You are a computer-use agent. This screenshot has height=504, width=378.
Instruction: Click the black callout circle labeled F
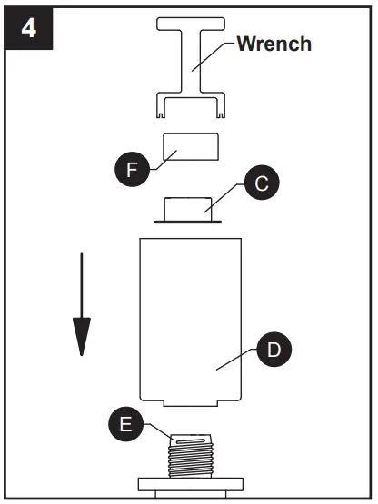[133, 170]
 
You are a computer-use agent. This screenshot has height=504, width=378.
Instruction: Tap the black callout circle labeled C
[261, 183]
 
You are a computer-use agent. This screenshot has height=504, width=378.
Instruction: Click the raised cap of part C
[189, 206]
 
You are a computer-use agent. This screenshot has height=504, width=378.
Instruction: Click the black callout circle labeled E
[126, 424]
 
